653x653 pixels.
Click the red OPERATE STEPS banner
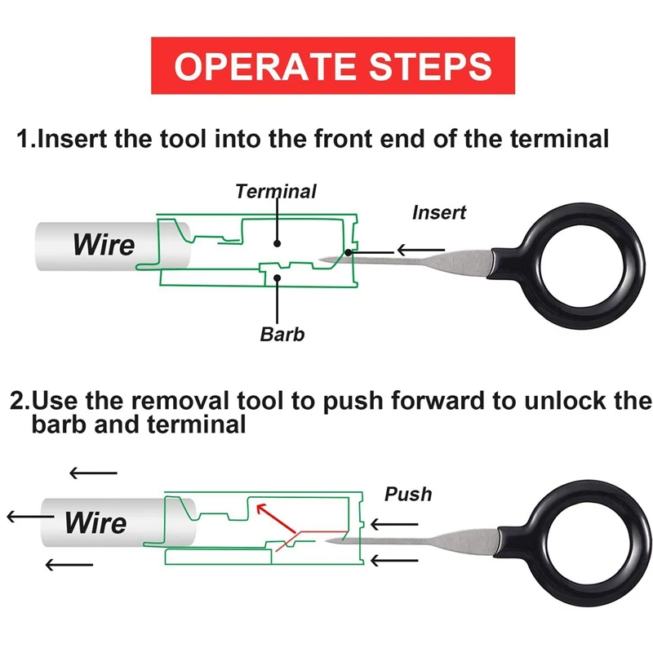point(334,65)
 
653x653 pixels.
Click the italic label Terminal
point(276,192)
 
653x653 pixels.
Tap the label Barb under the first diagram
point(282,333)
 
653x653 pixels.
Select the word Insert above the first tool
point(439,212)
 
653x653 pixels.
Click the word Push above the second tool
point(408,494)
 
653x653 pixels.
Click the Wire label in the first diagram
point(104,243)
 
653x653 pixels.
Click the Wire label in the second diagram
point(96,522)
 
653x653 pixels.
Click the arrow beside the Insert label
point(421,250)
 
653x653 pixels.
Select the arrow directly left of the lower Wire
point(30,517)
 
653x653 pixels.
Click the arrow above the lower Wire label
point(93,473)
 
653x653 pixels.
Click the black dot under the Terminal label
point(278,243)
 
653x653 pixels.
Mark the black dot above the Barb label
point(278,278)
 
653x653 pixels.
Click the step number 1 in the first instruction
point(24,139)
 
